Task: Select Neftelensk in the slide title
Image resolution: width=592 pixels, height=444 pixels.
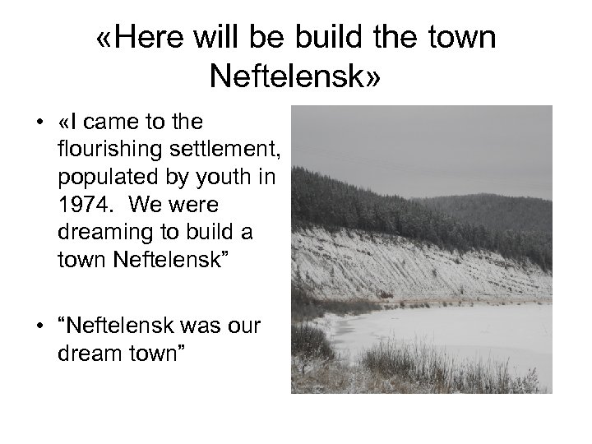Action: [288, 77]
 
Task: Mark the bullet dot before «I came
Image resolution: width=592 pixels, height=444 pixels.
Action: [39, 123]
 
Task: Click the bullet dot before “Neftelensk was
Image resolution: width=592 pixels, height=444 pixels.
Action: [39, 326]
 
